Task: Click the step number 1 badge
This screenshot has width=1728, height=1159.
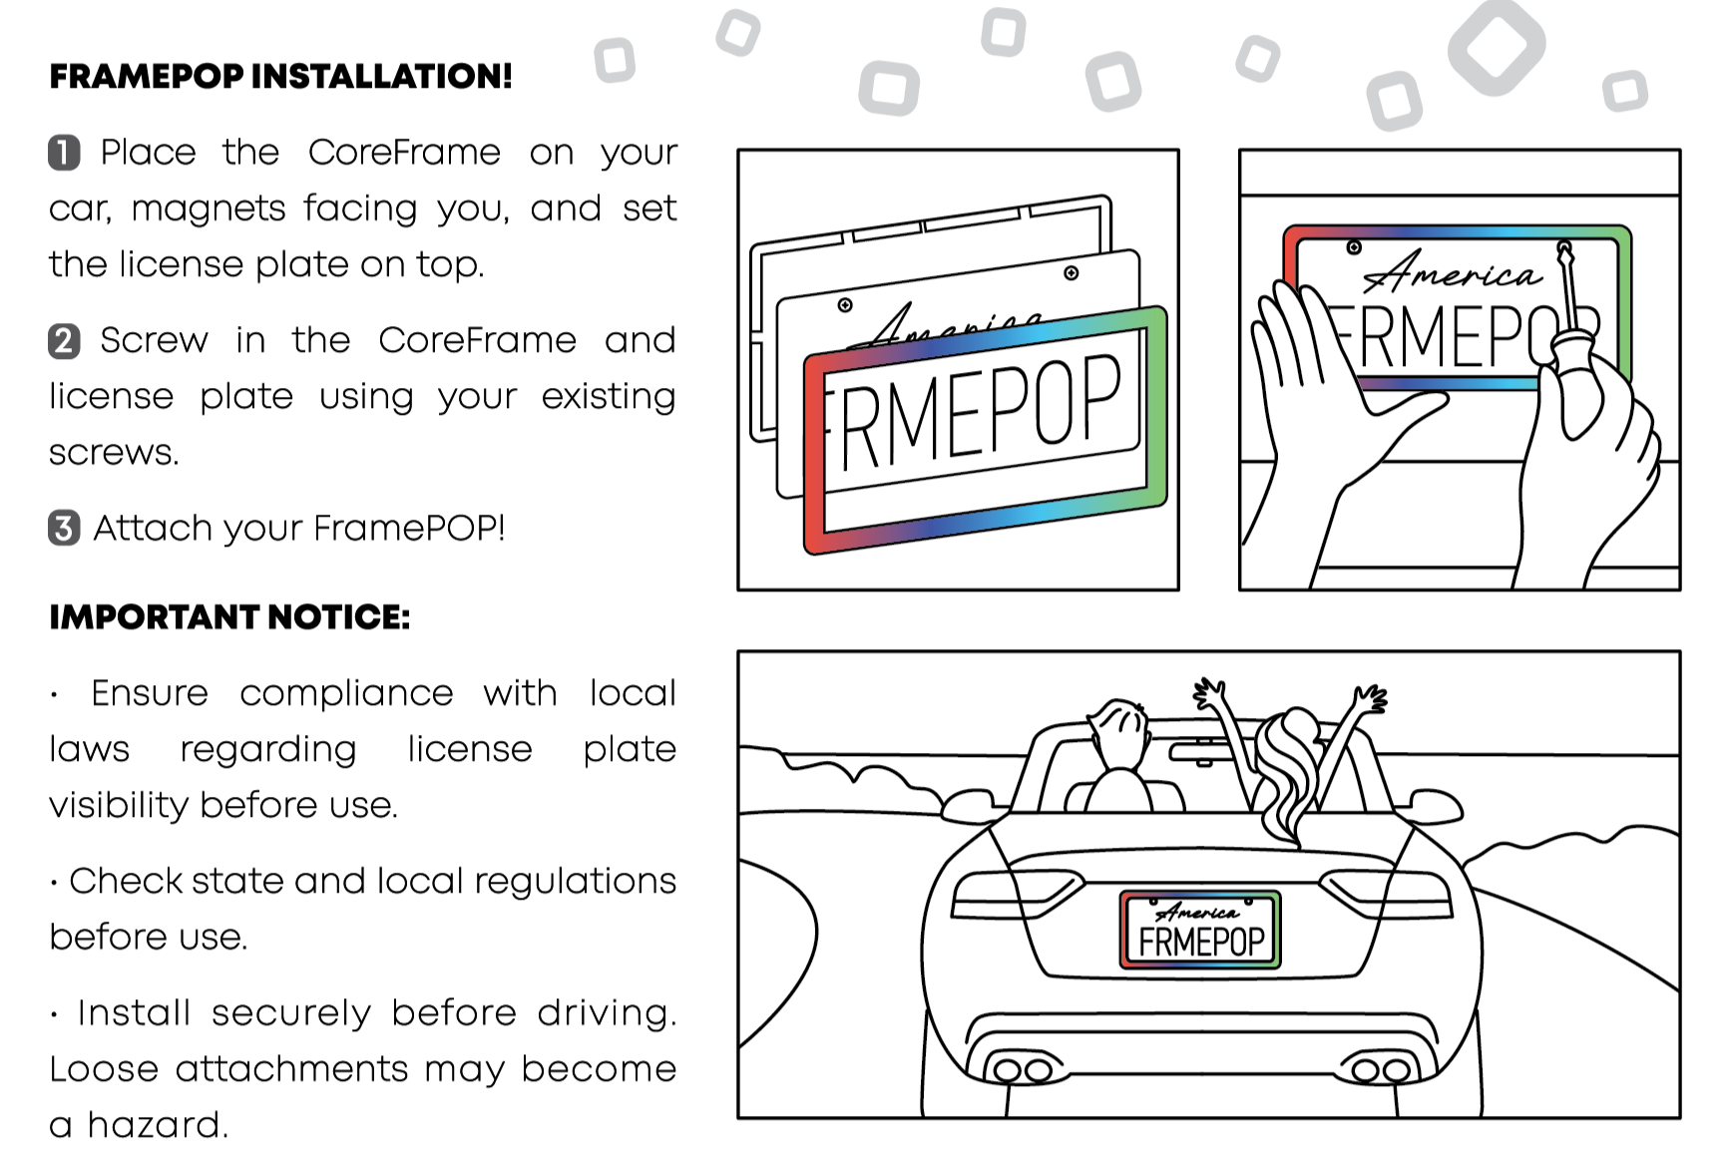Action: (64, 153)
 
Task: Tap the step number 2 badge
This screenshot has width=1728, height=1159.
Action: (64, 341)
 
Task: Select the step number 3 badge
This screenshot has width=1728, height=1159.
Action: (64, 528)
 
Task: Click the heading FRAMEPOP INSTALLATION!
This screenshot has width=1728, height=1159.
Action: (280, 76)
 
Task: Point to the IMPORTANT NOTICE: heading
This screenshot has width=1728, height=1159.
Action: (229, 617)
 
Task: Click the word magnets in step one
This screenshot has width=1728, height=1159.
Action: (209, 208)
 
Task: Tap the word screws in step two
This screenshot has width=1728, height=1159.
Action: (113, 453)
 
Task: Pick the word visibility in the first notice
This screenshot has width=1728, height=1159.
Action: (118, 805)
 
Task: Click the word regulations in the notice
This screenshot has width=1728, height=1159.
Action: (575, 881)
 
